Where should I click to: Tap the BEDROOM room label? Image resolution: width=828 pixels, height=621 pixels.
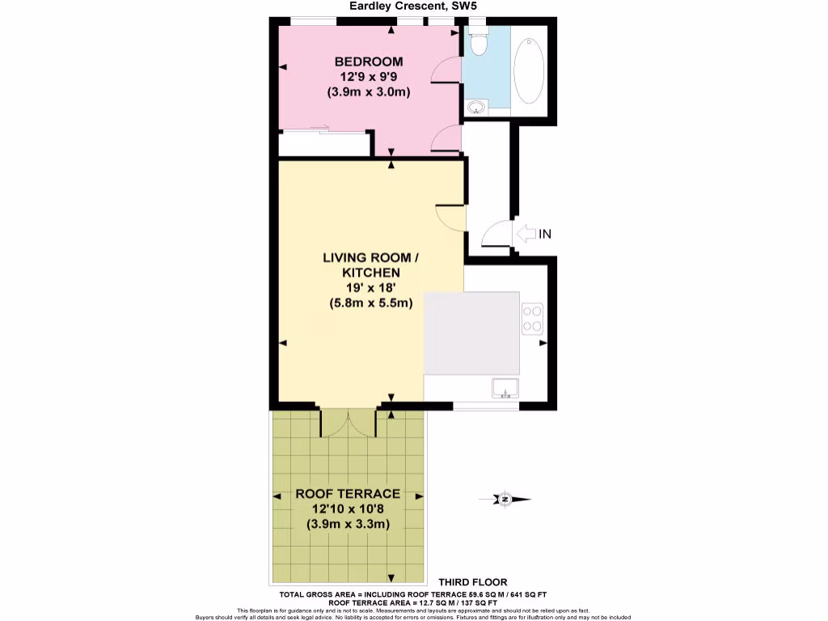368,61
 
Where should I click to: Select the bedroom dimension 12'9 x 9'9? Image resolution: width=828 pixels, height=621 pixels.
368,77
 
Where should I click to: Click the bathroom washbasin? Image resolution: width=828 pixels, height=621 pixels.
475,107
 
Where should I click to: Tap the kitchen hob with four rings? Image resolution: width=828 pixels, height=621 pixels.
532,317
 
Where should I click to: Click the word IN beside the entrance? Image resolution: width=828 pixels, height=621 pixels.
545,234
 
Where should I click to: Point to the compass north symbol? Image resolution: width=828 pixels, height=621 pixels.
505,499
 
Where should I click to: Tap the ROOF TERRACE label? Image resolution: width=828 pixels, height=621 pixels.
348,493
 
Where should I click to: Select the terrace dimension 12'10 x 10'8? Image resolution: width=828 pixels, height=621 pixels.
348,509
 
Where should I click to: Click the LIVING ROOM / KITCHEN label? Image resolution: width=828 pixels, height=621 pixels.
371,265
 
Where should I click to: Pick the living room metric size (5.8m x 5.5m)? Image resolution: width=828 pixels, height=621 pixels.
371,303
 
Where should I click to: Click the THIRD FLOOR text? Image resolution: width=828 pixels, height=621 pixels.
473,581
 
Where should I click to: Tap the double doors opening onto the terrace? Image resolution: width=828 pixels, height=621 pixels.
348,422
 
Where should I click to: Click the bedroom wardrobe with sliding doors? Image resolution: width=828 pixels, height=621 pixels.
323,143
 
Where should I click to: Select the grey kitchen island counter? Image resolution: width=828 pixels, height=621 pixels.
471,333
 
